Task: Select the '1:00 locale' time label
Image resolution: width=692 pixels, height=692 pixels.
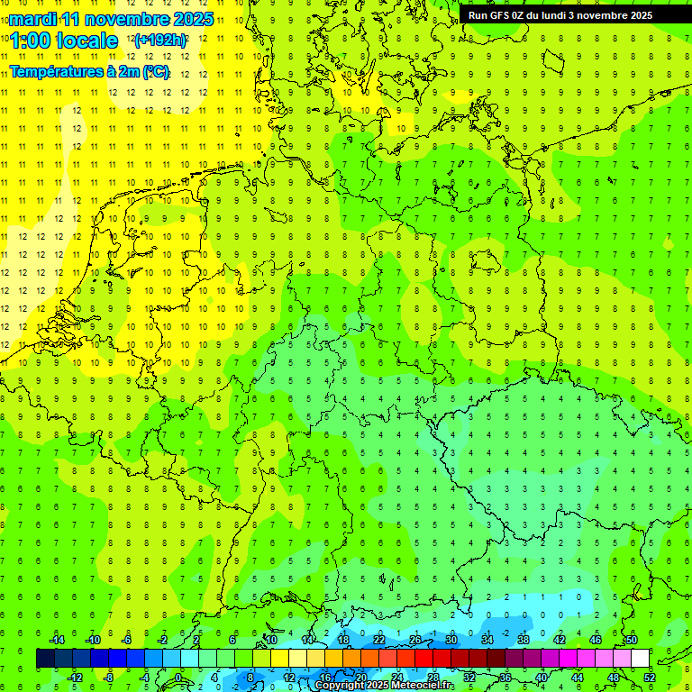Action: (x=64, y=41)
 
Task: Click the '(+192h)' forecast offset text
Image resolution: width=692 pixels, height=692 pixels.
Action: (x=160, y=41)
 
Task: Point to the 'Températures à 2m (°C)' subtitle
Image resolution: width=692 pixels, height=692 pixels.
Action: (x=89, y=72)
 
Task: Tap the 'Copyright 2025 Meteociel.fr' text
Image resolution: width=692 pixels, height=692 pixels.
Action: (x=385, y=686)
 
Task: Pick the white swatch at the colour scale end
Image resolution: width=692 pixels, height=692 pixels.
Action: (x=640, y=659)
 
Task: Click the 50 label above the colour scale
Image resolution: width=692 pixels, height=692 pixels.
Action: (x=631, y=640)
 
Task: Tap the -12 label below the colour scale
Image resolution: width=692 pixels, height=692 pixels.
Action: (x=75, y=678)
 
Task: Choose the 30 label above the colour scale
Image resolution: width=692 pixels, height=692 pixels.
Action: (x=451, y=640)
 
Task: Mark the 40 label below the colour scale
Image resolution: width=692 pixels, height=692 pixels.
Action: (x=541, y=678)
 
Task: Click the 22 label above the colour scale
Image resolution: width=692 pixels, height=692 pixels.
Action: (x=378, y=640)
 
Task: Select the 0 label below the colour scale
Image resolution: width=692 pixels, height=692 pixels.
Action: (x=178, y=678)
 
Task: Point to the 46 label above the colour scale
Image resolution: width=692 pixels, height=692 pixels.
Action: (x=595, y=640)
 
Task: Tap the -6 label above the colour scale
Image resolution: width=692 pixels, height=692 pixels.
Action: (x=127, y=640)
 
